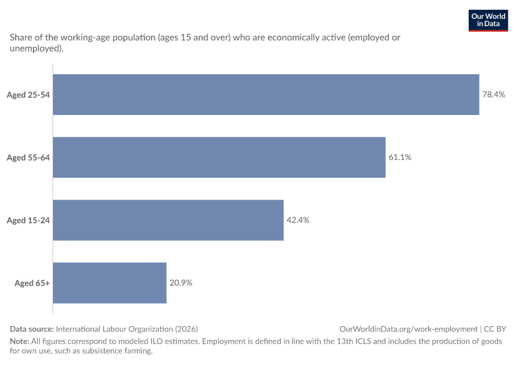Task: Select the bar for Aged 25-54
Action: click(x=266, y=95)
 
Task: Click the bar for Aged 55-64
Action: click(x=219, y=158)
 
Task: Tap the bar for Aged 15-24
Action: click(x=168, y=220)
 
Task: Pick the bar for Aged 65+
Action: click(x=110, y=283)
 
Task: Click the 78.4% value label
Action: click(x=494, y=95)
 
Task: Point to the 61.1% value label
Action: click(x=400, y=158)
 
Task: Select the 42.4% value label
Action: click(x=298, y=220)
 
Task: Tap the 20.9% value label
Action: click(x=181, y=283)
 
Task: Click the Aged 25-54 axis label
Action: click(x=29, y=95)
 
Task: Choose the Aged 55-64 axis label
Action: click(x=29, y=158)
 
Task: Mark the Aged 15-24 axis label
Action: click(x=29, y=220)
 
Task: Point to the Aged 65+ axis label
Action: click(x=32, y=283)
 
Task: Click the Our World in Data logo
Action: click(x=488, y=21)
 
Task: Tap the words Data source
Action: click(x=32, y=329)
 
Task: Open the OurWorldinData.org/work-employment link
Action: click(x=408, y=329)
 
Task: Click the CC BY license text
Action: click(x=495, y=329)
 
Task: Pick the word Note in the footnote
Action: click(x=20, y=341)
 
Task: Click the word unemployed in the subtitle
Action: click(x=35, y=49)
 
